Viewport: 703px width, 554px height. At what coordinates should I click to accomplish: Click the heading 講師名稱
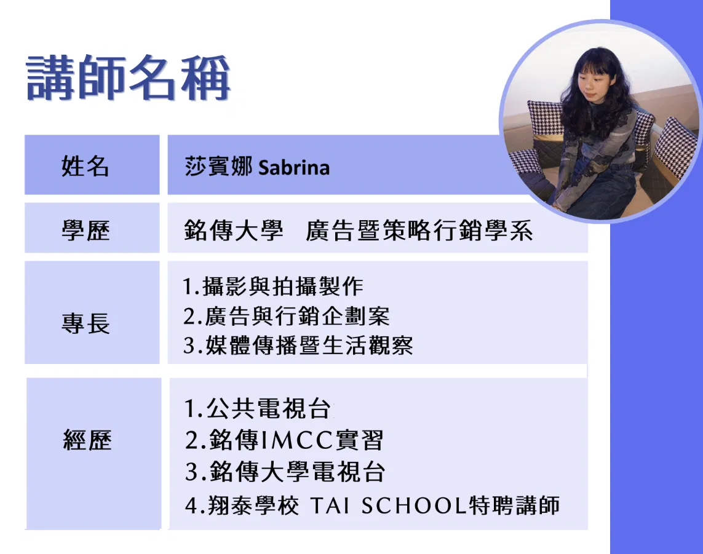128,77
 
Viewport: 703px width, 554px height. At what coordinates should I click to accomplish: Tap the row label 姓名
85,166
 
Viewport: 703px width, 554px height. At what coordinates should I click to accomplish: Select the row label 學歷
85,231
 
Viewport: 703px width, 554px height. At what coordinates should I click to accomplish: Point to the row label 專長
85,323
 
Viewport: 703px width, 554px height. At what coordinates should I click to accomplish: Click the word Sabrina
294,168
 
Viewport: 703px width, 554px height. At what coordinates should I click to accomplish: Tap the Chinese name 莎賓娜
218,167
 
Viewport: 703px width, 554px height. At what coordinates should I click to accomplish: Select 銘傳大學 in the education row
234,231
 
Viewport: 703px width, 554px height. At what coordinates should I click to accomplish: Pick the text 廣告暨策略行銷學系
419,231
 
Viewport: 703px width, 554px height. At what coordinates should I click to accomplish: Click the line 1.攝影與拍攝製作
273,287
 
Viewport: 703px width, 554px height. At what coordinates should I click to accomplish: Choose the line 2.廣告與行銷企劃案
287,316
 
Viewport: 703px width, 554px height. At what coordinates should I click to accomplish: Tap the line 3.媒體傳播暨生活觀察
298,345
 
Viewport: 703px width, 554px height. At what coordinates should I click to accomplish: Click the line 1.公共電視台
258,409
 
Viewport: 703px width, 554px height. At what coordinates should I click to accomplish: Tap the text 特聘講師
514,505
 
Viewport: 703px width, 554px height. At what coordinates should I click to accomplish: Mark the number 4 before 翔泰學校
191,505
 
